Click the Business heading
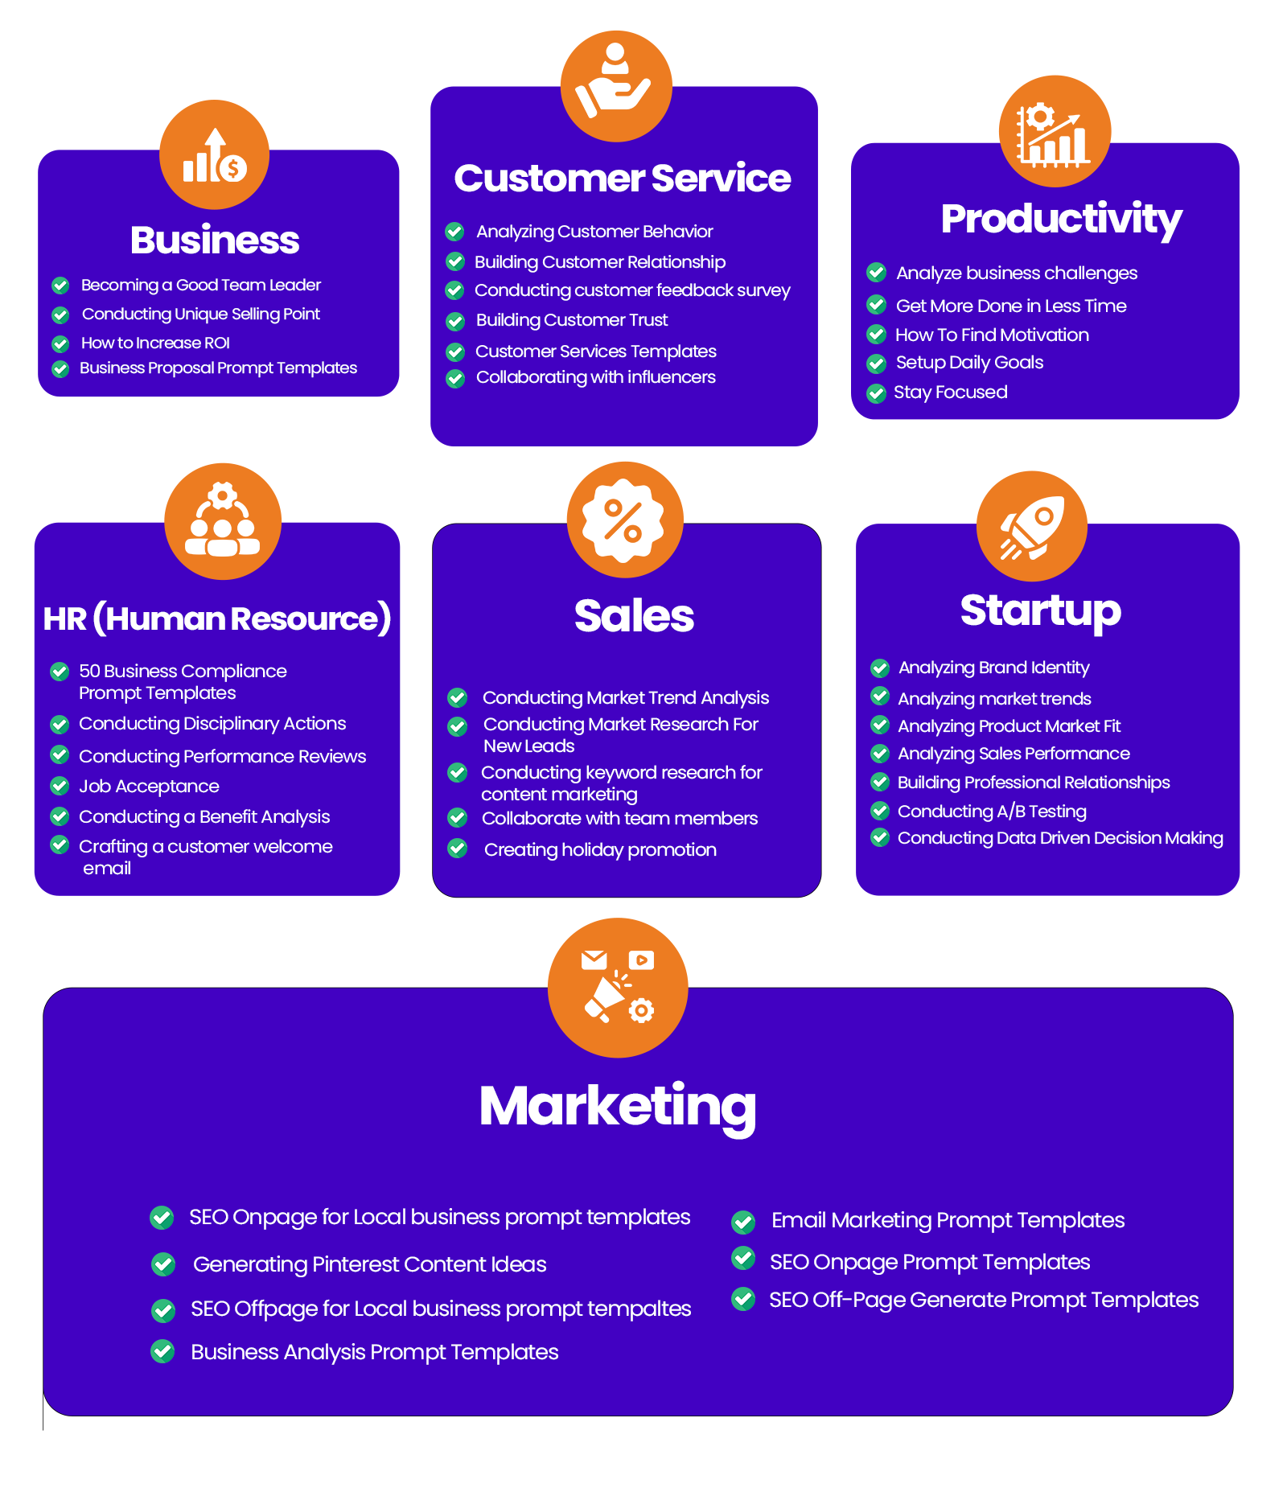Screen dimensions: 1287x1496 215,240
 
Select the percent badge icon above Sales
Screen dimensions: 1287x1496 624,520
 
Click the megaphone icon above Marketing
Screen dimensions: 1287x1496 618,986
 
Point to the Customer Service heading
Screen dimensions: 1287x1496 623,178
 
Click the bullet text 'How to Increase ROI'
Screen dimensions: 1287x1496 155,343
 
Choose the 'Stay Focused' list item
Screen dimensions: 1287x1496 951,392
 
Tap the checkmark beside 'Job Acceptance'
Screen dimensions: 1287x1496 60,785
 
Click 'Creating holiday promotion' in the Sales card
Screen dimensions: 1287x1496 600,849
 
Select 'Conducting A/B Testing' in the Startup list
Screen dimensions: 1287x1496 992,811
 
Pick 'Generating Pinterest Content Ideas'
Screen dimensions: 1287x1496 369,1264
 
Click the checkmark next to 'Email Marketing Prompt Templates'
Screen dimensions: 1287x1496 743,1223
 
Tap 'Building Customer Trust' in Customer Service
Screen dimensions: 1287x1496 572,320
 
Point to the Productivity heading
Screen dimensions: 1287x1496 1061,220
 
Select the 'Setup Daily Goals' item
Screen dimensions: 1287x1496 969,363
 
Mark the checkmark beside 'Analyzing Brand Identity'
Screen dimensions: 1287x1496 880,668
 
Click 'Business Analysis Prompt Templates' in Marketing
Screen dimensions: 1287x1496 375,1352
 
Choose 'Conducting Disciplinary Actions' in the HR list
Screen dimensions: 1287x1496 212,724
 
